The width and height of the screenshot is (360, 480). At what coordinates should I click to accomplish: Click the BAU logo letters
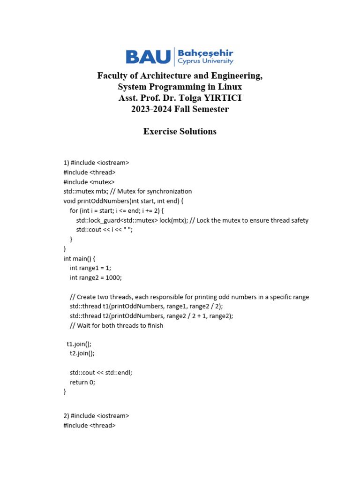148,57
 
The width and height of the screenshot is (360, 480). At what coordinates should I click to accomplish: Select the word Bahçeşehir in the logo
205,53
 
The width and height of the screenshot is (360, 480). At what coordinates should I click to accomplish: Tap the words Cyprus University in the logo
205,61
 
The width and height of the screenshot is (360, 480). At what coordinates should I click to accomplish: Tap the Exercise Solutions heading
180,131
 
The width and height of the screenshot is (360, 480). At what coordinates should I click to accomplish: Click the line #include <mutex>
89,182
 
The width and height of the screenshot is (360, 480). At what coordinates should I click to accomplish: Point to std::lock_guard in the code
98,220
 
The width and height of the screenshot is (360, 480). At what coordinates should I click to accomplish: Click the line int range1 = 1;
90,268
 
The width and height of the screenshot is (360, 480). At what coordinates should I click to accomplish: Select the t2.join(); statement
82,353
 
